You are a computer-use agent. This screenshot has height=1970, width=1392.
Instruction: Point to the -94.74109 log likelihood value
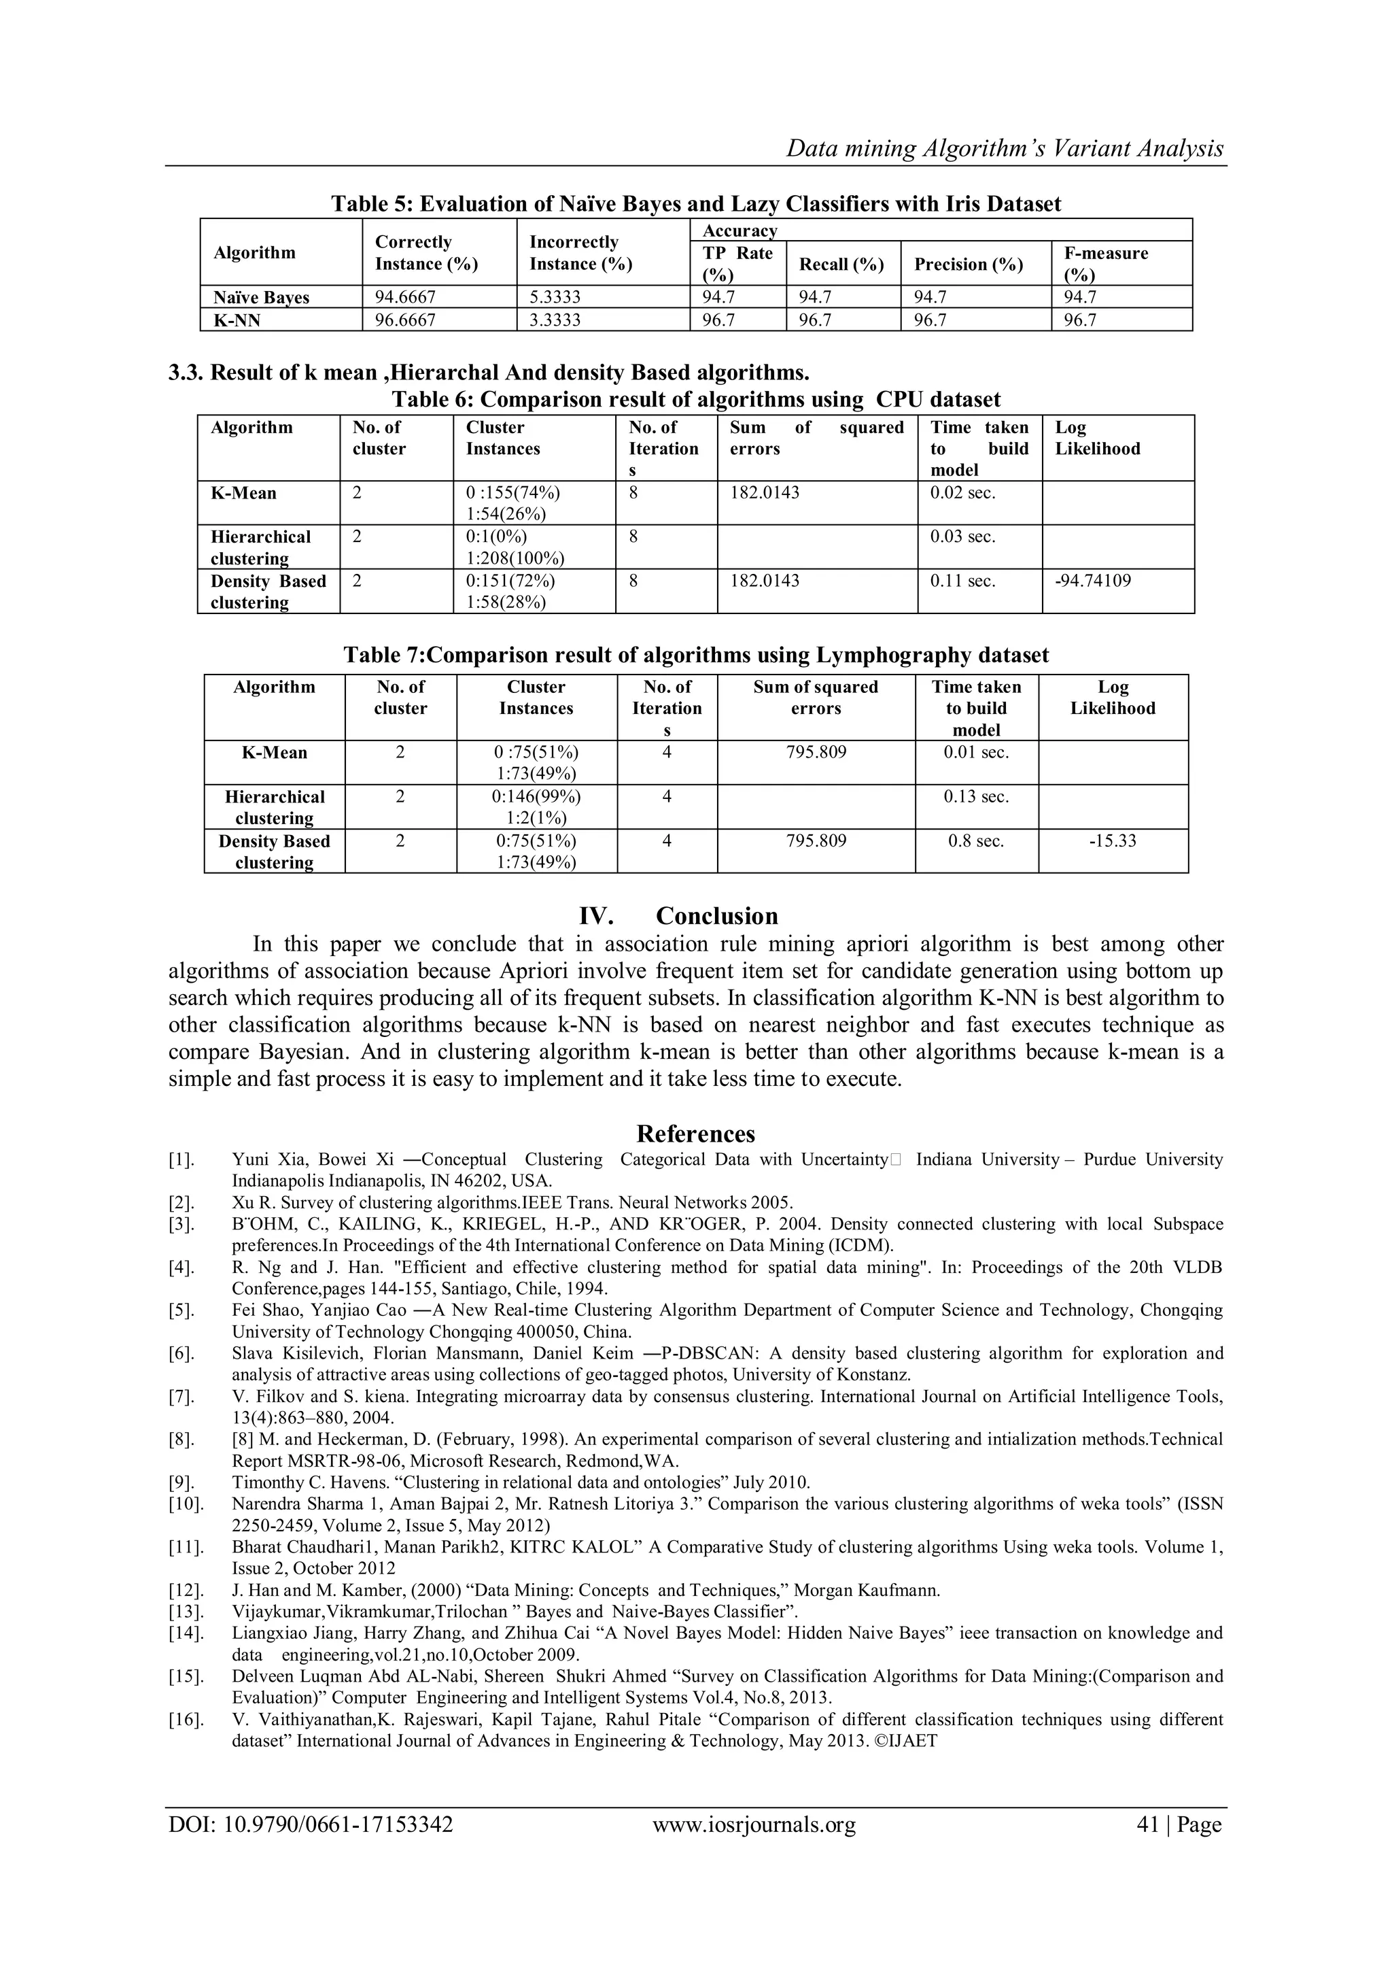1093,581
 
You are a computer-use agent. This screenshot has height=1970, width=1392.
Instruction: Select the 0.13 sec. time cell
976,797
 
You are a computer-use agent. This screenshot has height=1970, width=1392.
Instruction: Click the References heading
695,1134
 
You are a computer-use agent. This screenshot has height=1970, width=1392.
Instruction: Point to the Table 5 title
695,203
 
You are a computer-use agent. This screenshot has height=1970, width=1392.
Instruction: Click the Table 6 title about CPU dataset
695,399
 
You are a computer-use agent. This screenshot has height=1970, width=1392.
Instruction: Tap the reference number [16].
186,1718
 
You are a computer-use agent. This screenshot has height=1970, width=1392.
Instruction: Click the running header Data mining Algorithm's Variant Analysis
1005,148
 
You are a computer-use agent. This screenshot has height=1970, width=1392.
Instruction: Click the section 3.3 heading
488,373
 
